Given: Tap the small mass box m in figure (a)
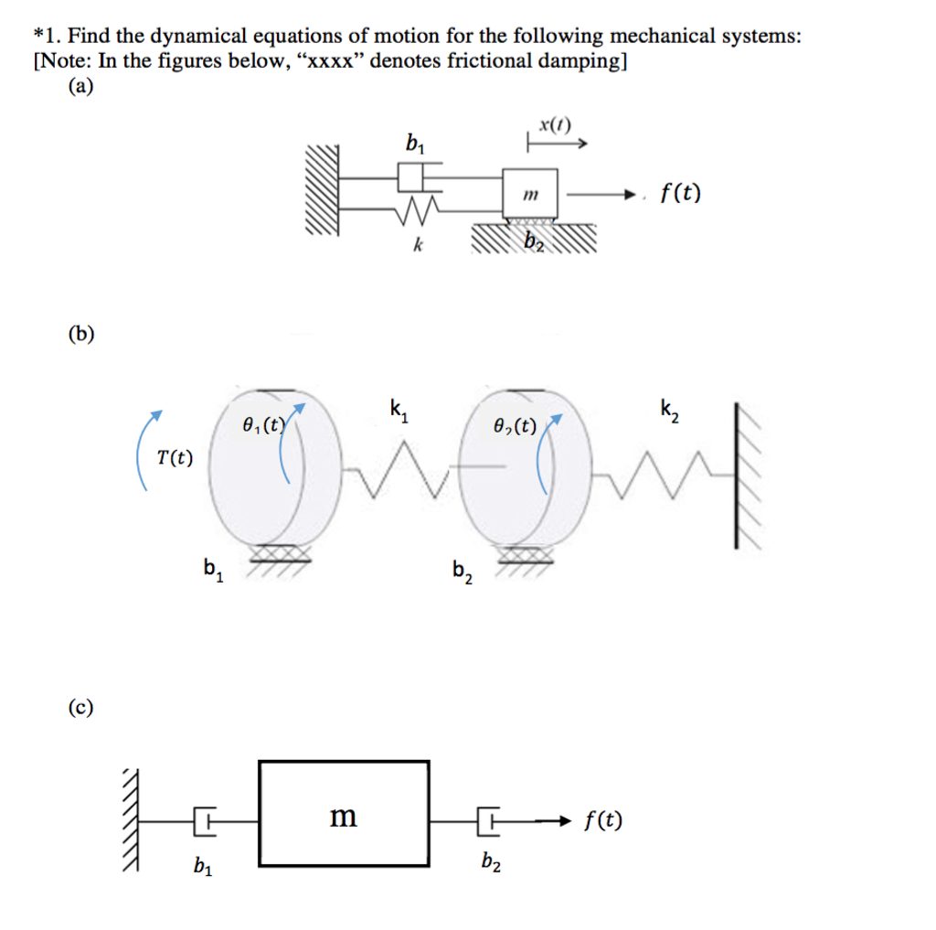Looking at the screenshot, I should (x=530, y=193).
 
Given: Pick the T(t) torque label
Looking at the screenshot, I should (x=174, y=457).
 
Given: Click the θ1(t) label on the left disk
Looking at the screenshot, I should (x=264, y=425).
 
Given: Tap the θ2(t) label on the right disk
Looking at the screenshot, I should (x=515, y=425).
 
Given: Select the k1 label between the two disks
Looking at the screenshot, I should (x=399, y=410).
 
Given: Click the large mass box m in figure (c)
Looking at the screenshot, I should (x=345, y=813).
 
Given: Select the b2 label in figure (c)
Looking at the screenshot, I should (x=490, y=861).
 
